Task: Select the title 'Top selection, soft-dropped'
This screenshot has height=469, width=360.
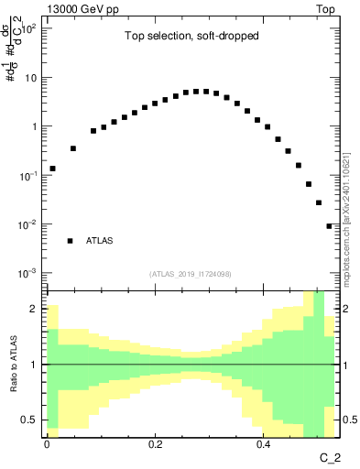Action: click(x=191, y=38)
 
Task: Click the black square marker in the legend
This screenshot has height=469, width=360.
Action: click(x=70, y=241)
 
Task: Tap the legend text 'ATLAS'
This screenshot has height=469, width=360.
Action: click(x=100, y=241)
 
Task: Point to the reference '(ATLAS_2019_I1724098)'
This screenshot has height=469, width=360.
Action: click(x=191, y=274)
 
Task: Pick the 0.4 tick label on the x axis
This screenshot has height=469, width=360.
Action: click(x=264, y=444)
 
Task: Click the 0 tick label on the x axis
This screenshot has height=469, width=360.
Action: click(x=47, y=444)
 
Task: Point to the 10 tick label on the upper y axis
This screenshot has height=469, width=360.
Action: click(x=29, y=77)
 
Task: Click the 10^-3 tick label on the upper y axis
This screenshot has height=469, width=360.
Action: click(x=27, y=273)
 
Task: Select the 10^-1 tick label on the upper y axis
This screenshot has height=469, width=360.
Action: click(x=27, y=175)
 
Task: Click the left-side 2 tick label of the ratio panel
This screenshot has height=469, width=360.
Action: click(x=34, y=309)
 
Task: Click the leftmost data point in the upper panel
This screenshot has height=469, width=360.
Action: click(x=52, y=169)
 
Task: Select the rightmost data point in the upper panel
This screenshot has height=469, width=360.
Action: click(x=329, y=226)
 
